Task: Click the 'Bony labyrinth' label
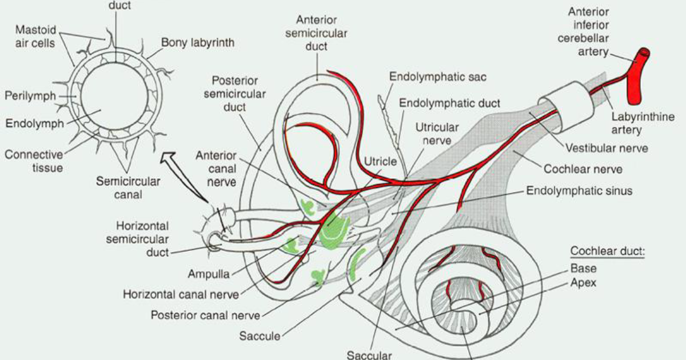(x=198, y=43)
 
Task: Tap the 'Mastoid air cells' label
(x=35, y=37)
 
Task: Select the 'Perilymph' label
(x=30, y=96)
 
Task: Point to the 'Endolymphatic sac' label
(x=438, y=77)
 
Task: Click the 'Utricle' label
(x=380, y=161)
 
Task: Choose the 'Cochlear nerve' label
(x=583, y=169)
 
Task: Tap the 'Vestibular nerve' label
(x=607, y=148)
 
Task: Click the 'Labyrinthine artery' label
(x=643, y=123)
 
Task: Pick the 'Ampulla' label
(x=209, y=274)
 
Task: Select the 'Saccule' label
(x=260, y=336)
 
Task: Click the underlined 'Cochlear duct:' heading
(x=608, y=251)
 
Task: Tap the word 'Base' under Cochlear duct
(x=584, y=269)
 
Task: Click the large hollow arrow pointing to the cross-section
(x=184, y=177)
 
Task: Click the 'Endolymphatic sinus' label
(x=579, y=191)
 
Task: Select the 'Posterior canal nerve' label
(x=205, y=315)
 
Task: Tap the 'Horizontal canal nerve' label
(x=181, y=294)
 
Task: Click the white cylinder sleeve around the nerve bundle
(x=566, y=107)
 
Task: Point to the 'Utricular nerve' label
(x=437, y=134)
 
